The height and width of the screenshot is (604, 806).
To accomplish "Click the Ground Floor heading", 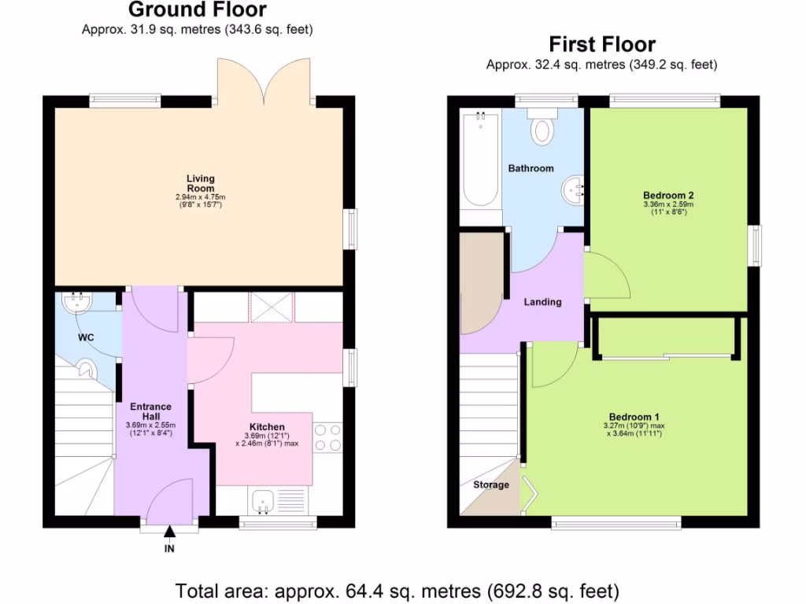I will (x=197, y=10).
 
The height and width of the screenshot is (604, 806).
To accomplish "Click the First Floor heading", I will (x=601, y=44).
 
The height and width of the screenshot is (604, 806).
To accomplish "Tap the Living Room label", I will (x=200, y=183).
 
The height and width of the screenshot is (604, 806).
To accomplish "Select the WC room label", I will (x=86, y=337).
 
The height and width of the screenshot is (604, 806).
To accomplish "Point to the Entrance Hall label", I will (x=150, y=411).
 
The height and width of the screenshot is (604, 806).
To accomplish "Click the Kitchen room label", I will (x=267, y=427).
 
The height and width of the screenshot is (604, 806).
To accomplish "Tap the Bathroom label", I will (x=531, y=168).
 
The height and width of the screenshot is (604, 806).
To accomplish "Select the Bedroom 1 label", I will (x=634, y=417).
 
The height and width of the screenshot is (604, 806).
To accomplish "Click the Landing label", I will (x=543, y=302).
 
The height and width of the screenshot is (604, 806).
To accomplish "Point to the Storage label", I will (x=491, y=485).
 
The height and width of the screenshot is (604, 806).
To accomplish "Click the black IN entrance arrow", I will (x=169, y=535).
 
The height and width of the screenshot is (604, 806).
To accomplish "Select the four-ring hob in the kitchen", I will (x=327, y=437).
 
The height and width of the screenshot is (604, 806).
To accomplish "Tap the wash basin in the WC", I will (x=76, y=300).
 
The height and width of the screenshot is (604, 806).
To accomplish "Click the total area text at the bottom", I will (x=397, y=590).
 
